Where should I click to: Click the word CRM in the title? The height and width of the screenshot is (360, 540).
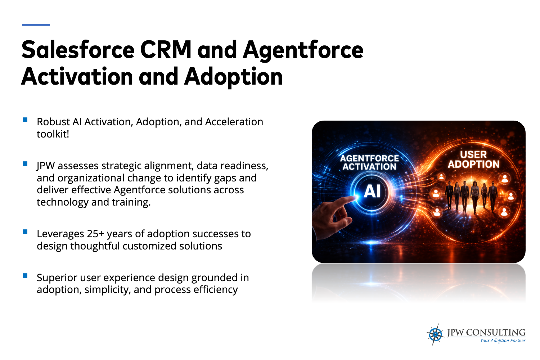[166, 50]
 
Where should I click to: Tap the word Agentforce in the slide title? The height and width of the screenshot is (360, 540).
[303, 51]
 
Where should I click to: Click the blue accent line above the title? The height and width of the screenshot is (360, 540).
[36, 25]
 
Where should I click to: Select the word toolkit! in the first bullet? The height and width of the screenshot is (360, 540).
[53, 134]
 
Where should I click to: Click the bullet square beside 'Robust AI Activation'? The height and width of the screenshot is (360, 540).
[25, 120]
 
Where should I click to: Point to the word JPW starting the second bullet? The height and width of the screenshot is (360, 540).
[46, 166]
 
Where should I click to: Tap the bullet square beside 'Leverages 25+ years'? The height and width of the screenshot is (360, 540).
[25, 232]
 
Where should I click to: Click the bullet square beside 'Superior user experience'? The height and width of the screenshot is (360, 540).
[25, 276]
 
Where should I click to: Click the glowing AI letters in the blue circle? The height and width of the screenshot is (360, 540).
[372, 192]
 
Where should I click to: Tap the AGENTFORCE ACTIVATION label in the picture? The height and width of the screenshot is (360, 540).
[369, 162]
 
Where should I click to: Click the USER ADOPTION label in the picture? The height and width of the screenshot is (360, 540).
[473, 159]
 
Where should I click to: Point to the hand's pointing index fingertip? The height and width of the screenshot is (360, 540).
[354, 198]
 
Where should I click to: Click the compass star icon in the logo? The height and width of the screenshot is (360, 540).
[435, 334]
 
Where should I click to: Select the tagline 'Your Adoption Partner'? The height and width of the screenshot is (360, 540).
[503, 341]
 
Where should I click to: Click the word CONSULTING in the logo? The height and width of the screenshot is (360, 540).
[496, 333]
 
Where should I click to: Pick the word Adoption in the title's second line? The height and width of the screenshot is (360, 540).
[233, 77]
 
